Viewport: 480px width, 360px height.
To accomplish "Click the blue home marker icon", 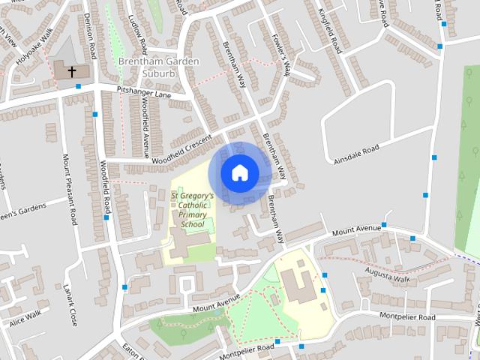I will [x=239, y=172].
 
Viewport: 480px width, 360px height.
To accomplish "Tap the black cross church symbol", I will [x=72, y=72].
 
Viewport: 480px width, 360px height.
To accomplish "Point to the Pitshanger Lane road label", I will [x=144, y=93].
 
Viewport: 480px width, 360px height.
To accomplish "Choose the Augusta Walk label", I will [x=388, y=273].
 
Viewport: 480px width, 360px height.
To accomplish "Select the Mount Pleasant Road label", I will [x=70, y=190].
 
